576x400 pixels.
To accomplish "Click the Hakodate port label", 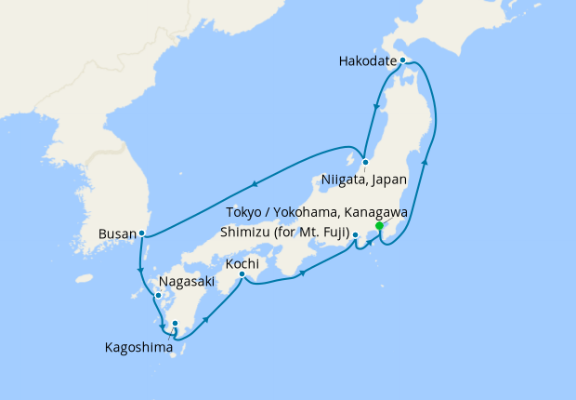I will pyautogui.click(x=368, y=62).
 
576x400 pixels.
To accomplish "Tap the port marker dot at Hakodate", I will pyautogui.click(x=402, y=60).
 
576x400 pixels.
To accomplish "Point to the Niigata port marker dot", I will pyautogui.click(x=365, y=162).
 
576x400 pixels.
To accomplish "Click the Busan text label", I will pyautogui.click(x=116, y=234).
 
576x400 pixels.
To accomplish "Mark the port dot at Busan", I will pyautogui.click(x=141, y=233).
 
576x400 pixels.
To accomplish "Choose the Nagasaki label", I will pyautogui.click(x=187, y=281).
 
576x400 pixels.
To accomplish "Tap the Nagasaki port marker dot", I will pyautogui.click(x=158, y=297).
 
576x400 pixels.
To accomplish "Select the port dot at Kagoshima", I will pyautogui.click(x=175, y=325).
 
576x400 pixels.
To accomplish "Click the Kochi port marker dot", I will pyautogui.click(x=242, y=273).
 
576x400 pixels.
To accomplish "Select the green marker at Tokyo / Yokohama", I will pyautogui.click(x=379, y=226).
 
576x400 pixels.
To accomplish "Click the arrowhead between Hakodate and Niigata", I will pyautogui.click(x=375, y=107).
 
